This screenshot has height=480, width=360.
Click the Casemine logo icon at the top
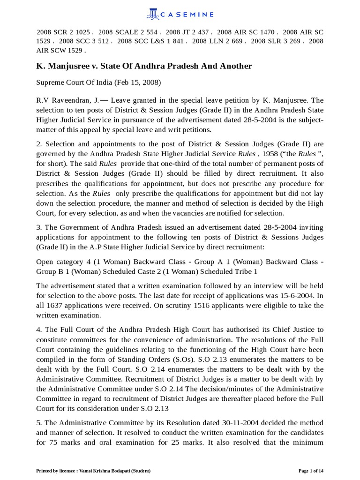tap(152, 14)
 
